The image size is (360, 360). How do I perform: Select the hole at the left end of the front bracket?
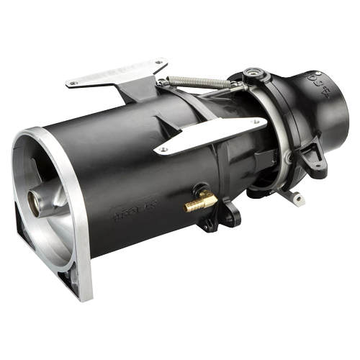tap(163, 149)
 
